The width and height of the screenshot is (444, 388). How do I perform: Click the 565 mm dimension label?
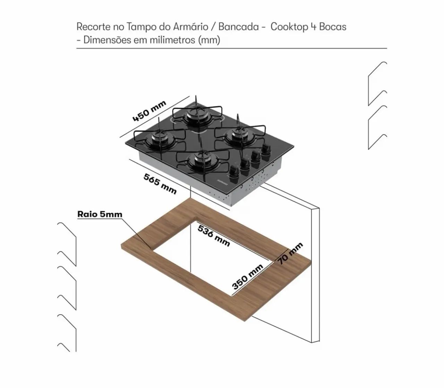160,184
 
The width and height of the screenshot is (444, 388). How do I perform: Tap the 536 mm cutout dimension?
214,236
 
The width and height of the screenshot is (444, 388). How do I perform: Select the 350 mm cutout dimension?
248,277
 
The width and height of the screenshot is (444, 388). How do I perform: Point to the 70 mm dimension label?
290,253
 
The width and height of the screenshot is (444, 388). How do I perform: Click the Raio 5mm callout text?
100,214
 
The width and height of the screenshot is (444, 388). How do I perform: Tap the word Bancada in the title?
239,27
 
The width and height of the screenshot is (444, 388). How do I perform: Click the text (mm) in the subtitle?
209,40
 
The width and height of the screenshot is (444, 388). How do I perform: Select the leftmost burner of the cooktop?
160,139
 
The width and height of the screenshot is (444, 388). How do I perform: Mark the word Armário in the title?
190,27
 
